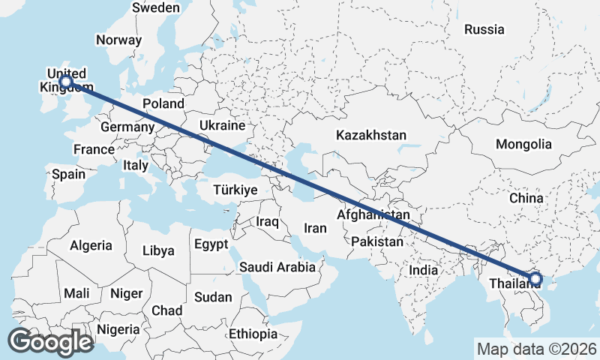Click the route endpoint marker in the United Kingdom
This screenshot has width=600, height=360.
point(66,81)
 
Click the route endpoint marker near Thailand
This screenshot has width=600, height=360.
point(535,279)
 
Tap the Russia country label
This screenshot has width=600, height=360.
point(484,30)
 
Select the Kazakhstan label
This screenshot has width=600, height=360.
point(371,136)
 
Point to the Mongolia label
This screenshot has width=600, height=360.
point(524,145)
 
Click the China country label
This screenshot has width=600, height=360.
point(526,198)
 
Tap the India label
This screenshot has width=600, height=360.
point(424,270)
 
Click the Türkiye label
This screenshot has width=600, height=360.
point(235,190)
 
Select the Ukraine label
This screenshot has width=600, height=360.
point(223,124)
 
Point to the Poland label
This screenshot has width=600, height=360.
point(163,103)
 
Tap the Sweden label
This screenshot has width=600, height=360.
point(155,7)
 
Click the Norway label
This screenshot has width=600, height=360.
point(118,40)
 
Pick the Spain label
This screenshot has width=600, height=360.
point(68,174)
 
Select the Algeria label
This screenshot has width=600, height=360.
point(91,245)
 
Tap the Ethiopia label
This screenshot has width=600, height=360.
point(253,334)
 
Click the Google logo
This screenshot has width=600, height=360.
point(50,342)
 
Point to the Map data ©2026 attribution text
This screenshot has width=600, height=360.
point(537,349)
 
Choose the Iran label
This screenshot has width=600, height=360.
point(315,228)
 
